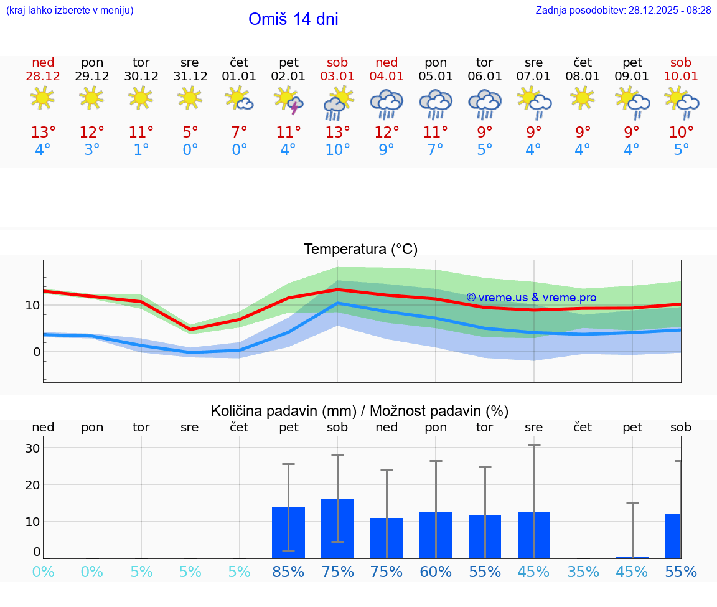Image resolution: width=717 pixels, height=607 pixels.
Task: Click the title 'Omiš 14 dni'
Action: pyautogui.click(x=293, y=19)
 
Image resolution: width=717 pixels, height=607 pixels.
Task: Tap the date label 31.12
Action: pyautogui.click(x=190, y=76)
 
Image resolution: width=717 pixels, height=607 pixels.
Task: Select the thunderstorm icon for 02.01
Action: pyautogui.click(x=288, y=100)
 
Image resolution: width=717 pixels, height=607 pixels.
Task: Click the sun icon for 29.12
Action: pyautogui.click(x=91, y=98)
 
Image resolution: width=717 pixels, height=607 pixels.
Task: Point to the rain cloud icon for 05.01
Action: pyautogui.click(x=436, y=103)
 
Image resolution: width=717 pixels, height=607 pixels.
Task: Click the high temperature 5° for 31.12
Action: pyautogui.click(x=190, y=133)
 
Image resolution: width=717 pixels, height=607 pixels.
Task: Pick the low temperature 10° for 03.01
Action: pyautogui.click(x=337, y=150)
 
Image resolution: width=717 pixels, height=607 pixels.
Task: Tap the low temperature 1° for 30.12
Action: pyautogui.click(x=141, y=150)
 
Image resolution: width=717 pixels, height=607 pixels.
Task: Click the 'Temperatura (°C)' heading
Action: pyautogui.click(x=360, y=250)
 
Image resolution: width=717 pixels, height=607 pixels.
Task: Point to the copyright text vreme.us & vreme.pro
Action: pyautogui.click(x=531, y=298)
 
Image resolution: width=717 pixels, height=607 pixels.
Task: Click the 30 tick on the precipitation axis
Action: pyautogui.click(x=32, y=448)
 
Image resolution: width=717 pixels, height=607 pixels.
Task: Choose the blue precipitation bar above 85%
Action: pyautogui.click(x=288, y=533)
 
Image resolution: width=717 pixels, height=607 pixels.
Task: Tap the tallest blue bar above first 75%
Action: pyautogui.click(x=337, y=529)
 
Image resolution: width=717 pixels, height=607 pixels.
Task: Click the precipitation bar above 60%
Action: pyautogui.click(x=436, y=535)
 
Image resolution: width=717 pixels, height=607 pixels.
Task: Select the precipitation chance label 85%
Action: pyautogui.click(x=288, y=572)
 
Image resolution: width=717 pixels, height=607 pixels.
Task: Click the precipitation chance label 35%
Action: pyautogui.click(x=583, y=572)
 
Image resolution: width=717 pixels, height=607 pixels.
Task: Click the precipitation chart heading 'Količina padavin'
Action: pyautogui.click(x=360, y=411)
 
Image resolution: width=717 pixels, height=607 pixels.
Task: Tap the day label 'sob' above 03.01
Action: pyautogui.click(x=337, y=62)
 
